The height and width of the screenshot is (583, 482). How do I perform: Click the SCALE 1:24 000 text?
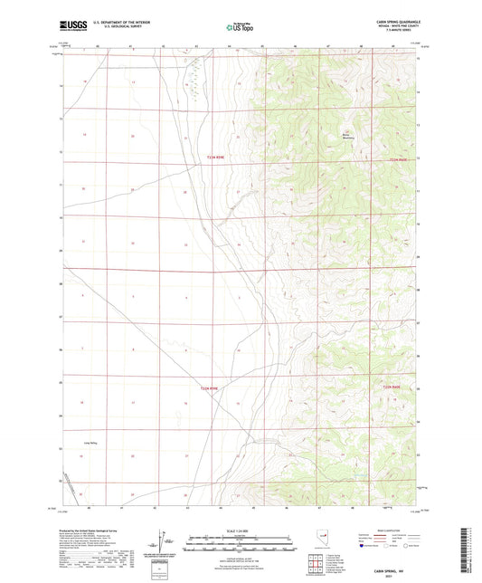click(240, 530)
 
